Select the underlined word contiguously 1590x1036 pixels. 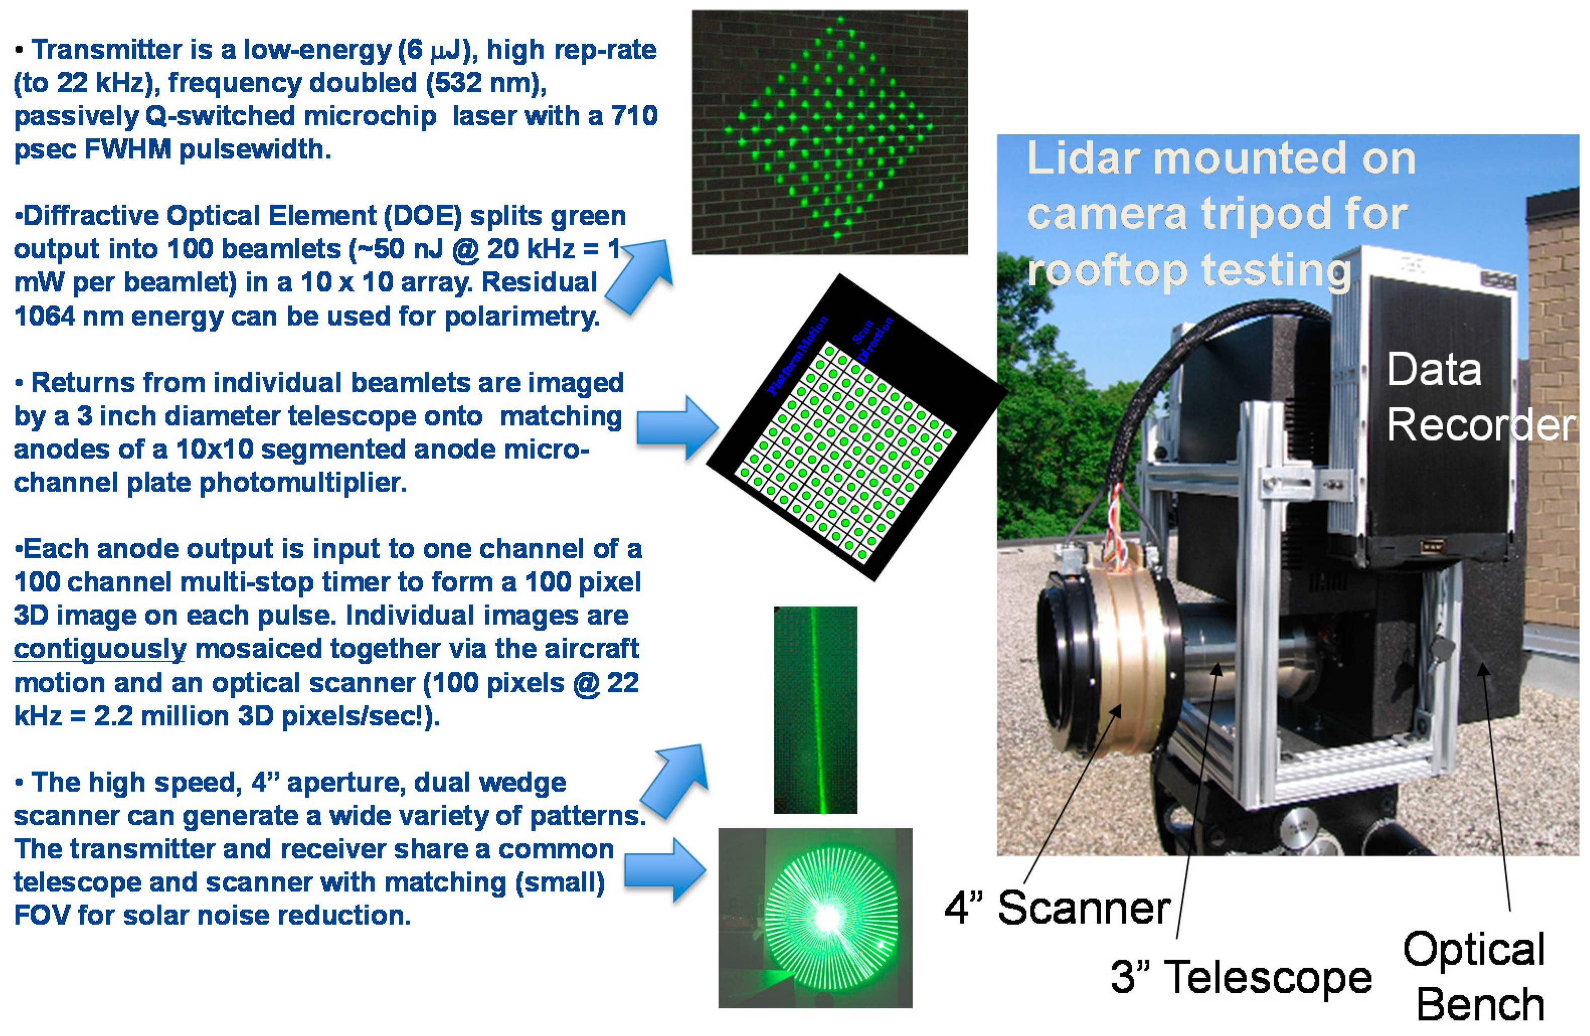(x=100, y=649)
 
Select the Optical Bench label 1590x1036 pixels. (x=1474, y=977)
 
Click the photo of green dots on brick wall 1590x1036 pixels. (x=829, y=132)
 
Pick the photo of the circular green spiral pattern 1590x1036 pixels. (x=815, y=917)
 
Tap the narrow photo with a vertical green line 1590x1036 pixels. (x=815, y=710)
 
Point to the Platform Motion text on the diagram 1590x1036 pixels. (x=797, y=356)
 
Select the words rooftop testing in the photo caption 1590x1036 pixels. (x=1189, y=271)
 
